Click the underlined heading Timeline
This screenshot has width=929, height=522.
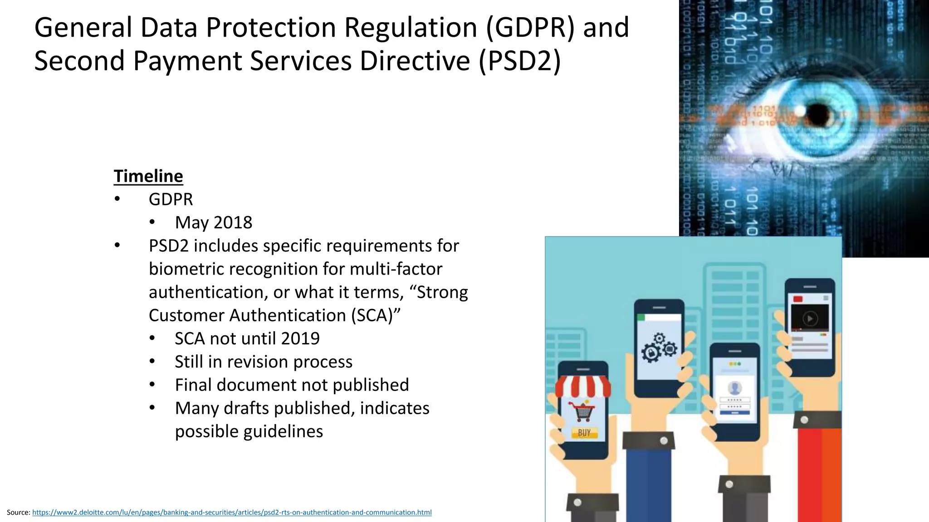coord(148,176)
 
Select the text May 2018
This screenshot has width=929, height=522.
coord(213,222)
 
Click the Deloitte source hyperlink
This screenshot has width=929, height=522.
coord(232,512)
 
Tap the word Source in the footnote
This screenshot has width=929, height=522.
coord(18,512)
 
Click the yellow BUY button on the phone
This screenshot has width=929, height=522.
coord(584,433)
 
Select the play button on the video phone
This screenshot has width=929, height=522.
coord(810,319)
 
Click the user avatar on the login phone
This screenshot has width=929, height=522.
coord(734,388)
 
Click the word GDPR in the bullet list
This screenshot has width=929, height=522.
coord(171,199)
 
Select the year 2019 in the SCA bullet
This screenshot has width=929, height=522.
coord(300,338)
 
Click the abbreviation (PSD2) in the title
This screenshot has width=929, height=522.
coord(520,61)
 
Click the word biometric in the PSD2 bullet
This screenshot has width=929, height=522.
coord(186,269)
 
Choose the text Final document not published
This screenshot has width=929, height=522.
coord(292,385)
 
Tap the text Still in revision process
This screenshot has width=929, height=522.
coord(264,362)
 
